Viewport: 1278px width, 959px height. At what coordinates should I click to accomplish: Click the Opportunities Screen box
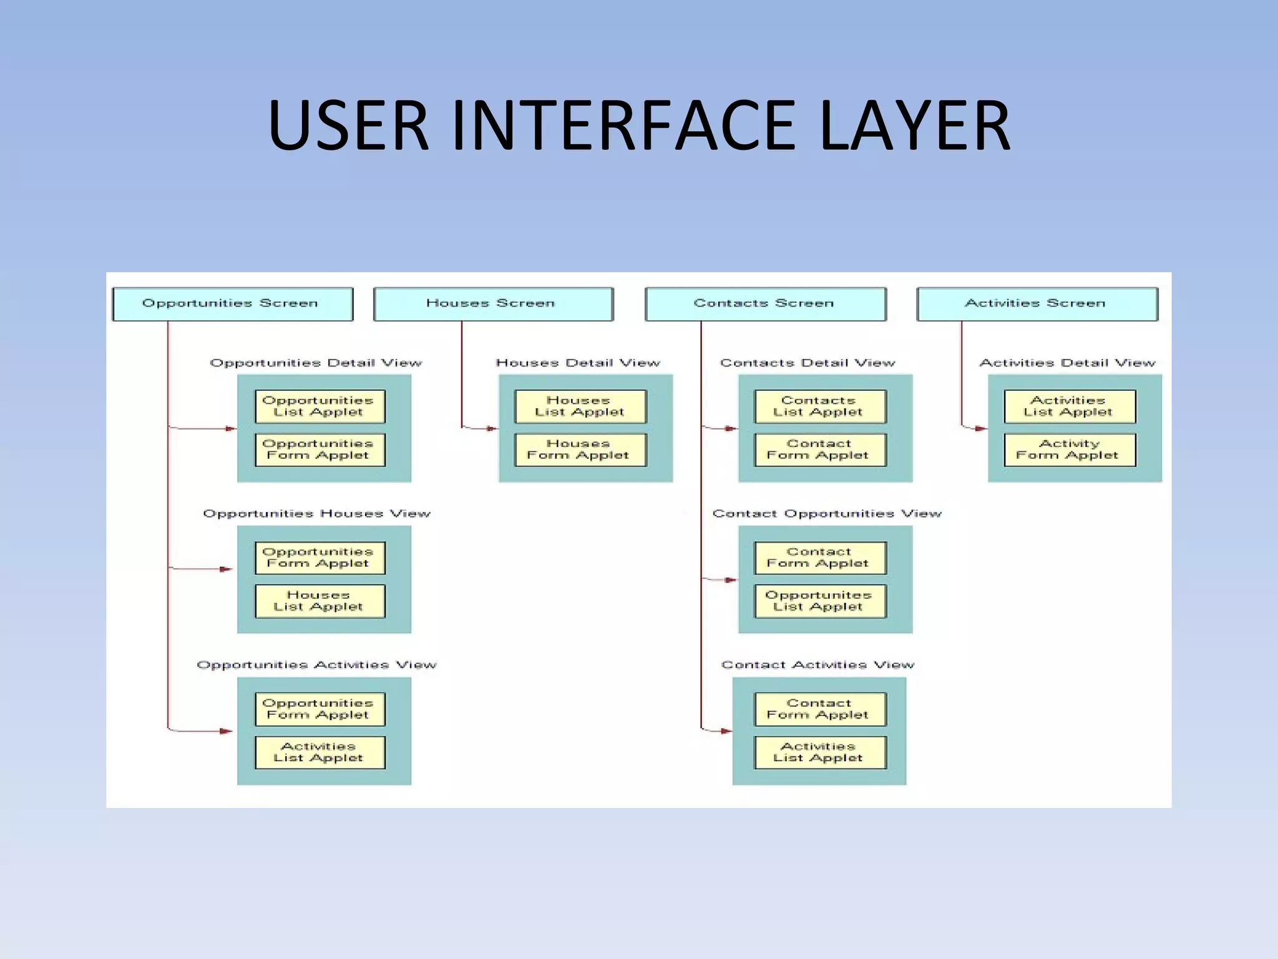[232, 304]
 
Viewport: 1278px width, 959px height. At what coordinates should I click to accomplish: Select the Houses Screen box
[493, 304]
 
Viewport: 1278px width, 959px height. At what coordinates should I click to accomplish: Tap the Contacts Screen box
[765, 304]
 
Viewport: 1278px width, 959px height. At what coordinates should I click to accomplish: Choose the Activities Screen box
[1037, 304]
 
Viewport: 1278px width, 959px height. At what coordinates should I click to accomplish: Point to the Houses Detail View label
[578, 363]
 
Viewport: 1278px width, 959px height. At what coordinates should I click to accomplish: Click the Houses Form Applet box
[580, 450]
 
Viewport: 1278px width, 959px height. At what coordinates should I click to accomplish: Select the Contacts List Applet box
[819, 406]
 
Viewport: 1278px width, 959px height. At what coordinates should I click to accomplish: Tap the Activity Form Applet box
[1069, 450]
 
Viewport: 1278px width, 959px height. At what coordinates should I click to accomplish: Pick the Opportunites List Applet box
[819, 601]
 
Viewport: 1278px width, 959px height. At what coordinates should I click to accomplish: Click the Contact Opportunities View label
[827, 514]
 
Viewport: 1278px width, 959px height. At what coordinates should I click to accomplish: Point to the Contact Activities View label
[817, 665]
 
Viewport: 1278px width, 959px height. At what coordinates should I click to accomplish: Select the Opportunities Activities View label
[316, 665]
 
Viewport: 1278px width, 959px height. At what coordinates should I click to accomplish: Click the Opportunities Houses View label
[316, 514]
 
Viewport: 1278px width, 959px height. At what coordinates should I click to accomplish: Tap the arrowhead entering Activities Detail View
[981, 428]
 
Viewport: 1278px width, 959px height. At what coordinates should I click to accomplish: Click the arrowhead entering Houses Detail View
[492, 428]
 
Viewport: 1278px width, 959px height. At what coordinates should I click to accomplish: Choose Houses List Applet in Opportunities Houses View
[319, 601]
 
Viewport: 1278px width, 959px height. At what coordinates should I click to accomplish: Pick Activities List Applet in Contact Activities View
[819, 752]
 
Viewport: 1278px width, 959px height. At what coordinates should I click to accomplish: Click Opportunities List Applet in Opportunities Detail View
[319, 406]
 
